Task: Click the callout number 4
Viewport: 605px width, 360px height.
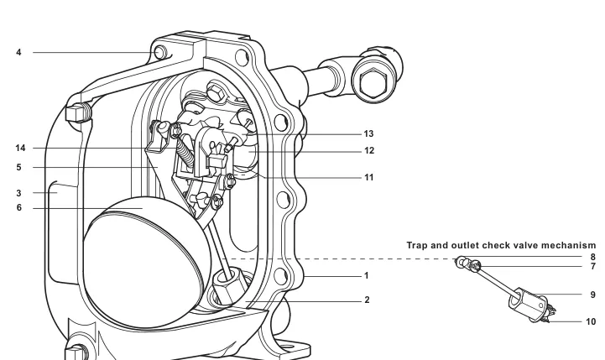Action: (18, 53)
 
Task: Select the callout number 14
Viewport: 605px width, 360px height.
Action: (20, 149)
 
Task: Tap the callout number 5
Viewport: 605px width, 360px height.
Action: (18, 168)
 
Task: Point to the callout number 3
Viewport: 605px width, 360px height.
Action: (18, 193)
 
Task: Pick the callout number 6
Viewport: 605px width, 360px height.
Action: (19, 208)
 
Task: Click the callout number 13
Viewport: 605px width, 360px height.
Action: (368, 134)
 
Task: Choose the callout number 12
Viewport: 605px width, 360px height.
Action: (369, 151)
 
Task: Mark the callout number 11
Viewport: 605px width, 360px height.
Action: (369, 178)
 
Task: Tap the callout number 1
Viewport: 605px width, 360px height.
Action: (366, 276)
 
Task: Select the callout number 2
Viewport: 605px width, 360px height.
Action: (367, 300)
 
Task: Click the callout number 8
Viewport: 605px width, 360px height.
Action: (593, 257)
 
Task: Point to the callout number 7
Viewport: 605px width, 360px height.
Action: (593, 267)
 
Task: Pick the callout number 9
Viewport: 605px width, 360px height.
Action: (593, 295)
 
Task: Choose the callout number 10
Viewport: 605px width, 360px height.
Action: (591, 321)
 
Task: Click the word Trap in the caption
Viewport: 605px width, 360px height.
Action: (417, 246)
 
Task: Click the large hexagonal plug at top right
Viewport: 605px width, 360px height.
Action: (373, 81)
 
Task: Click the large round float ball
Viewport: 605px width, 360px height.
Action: (147, 262)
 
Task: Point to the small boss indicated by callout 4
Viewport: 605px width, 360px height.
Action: (160, 52)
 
